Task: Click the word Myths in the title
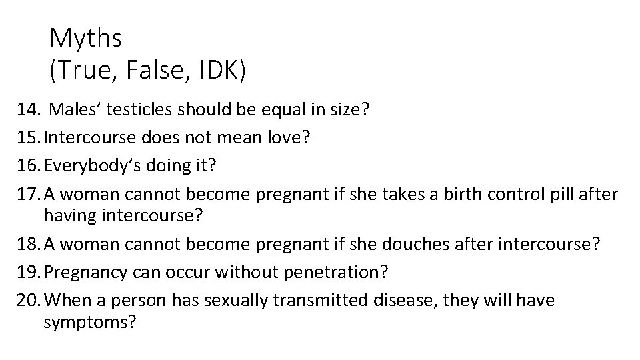85,39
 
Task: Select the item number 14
29,110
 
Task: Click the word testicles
144,110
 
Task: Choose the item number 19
29,272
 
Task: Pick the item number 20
29,301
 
